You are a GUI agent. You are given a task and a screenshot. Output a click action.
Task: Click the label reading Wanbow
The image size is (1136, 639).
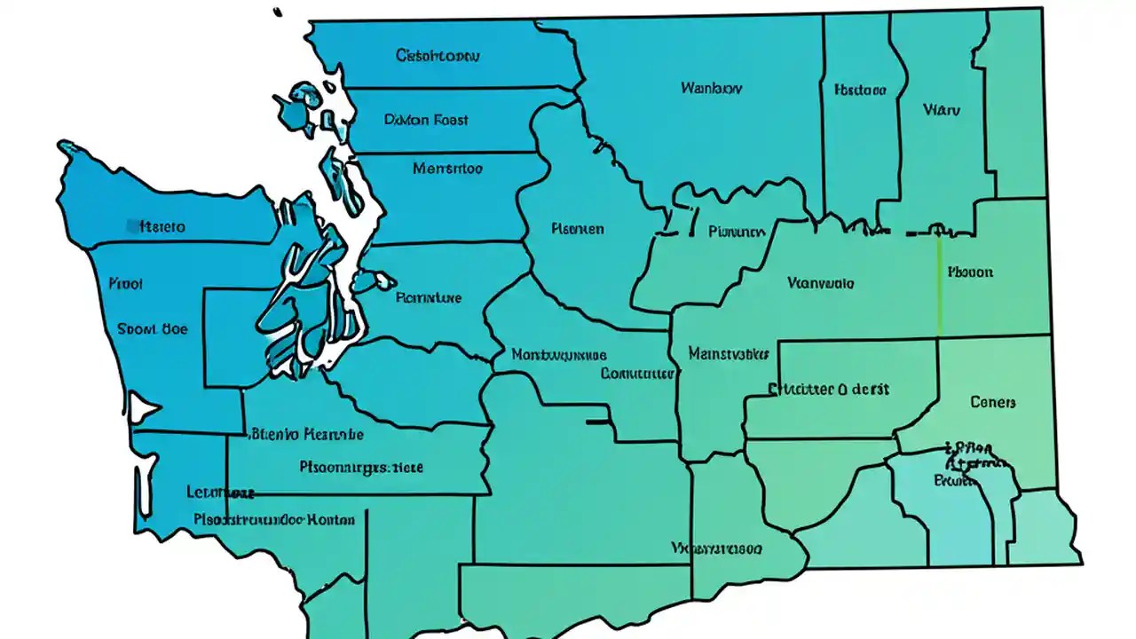tap(711, 88)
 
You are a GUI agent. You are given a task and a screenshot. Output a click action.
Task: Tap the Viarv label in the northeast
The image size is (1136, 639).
tap(941, 110)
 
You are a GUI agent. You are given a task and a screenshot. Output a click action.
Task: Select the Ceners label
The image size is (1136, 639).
tap(992, 402)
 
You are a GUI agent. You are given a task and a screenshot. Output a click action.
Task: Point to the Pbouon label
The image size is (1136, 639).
tap(970, 272)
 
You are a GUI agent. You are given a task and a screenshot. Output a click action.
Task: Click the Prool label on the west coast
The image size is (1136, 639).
tap(125, 284)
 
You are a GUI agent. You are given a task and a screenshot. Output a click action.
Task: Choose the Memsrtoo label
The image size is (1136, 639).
tap(447, 167)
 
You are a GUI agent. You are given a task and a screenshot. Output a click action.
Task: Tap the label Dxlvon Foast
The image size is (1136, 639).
tap(426, 119)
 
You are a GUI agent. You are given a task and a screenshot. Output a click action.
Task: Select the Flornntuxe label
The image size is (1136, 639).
tap(428, 298)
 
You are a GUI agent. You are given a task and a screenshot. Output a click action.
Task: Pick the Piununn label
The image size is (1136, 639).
tap(737, 232)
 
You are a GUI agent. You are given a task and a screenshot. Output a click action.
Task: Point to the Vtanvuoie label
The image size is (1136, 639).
tap(821, 283)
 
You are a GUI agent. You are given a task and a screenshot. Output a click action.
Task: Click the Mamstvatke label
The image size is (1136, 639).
tap(728, 354)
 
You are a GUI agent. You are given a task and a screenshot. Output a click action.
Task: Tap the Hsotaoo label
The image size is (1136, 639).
tap(860, 90)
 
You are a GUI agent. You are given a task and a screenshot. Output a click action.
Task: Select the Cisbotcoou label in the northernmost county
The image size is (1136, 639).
tap(437, 55)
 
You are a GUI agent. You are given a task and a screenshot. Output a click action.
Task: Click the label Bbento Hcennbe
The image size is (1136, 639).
tap(307, 435)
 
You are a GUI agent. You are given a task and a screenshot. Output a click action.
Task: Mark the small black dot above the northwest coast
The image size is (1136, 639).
tap(278, 12)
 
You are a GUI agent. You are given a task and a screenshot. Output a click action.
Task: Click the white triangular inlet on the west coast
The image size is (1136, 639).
tap(142, 408)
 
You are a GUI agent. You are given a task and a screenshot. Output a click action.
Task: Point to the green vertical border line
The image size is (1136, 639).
tap(939, 284)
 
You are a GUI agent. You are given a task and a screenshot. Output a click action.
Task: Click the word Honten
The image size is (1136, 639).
tap(330, 520)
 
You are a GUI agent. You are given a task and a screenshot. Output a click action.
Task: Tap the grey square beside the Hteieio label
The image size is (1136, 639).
tap(132, 226)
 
